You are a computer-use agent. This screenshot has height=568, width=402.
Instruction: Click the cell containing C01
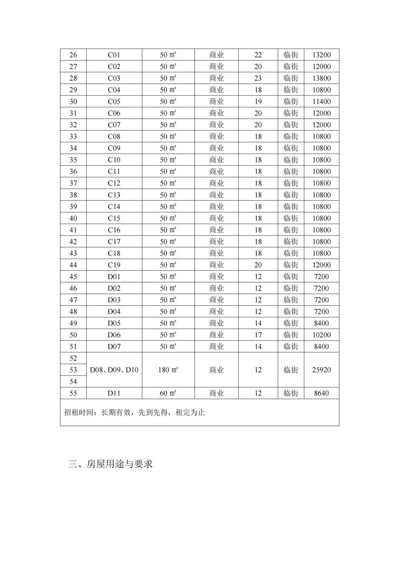pos(114,55)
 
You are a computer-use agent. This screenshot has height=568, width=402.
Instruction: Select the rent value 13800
pos(321,78)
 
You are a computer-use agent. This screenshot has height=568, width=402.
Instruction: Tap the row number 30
pos(73,102)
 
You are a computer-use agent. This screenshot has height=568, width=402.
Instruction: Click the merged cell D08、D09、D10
pos(114,370)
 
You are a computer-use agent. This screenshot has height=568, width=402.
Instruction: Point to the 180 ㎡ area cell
pos(168,370)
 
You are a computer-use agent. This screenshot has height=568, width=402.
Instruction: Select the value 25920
pos(321,370)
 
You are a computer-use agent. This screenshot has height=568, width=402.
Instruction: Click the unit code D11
pos(114,393)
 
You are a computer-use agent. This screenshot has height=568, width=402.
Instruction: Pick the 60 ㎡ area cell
pos(168,393)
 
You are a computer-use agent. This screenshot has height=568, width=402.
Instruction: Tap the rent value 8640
pos(321,393)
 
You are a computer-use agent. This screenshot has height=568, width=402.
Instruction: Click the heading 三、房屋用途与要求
pos(110,464)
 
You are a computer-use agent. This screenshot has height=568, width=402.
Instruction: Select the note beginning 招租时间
pos(134,413)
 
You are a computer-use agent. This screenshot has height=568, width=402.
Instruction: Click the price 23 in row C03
pos(258,78)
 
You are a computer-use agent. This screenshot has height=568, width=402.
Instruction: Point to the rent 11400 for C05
pos(321,102)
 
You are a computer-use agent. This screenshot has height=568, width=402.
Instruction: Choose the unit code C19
pos(114,265)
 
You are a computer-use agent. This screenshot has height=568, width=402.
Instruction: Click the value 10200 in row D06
pos(321,335)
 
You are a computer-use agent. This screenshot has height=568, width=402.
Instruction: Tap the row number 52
pos(73,358)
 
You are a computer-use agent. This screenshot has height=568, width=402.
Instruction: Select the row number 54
pos(73,382)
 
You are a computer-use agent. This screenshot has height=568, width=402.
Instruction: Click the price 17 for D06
pos(258,335)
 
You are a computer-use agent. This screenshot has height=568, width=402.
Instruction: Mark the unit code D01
pos(114,277)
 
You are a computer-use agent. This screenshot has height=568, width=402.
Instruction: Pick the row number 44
pos(73,265)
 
